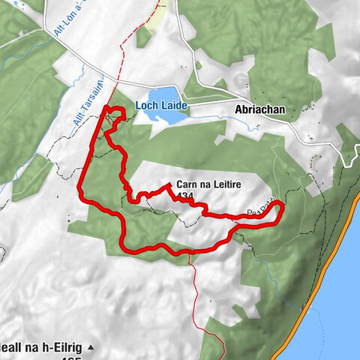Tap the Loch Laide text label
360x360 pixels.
click(160, 106)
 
